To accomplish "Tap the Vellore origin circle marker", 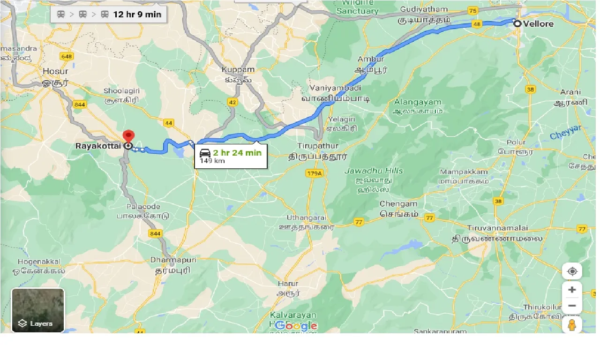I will pos(517,23).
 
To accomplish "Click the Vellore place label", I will pos(539,24).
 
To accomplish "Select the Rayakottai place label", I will pos(98,146).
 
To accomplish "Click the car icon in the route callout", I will pos(205,153).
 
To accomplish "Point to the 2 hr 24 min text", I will pos(237,152).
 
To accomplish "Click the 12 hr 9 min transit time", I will pos(137,15).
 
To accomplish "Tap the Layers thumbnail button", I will pos(38,310).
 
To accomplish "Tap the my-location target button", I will pos(572,271).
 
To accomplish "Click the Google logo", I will pos(296,326).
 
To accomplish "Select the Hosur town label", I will pos(55,71).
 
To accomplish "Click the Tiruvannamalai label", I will pos(497,228).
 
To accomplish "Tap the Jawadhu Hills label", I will pos(374,171).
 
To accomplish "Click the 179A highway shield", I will pos(314,174).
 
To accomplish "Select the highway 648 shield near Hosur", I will pos(67,57).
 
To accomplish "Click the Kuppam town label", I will pos(238,70).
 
